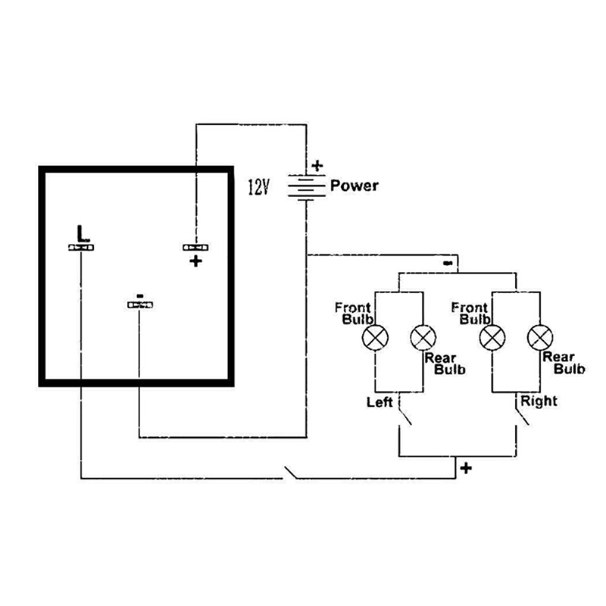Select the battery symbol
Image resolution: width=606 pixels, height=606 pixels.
coord(306,186)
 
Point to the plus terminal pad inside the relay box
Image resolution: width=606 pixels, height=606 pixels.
coord(195,248)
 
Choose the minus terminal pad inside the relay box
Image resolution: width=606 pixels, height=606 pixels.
coord(139,305)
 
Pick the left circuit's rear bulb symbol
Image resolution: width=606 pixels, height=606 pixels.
coord(422,336)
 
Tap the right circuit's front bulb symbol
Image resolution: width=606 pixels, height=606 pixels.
coord(494,336)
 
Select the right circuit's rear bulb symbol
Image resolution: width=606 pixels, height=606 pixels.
coord(539,336)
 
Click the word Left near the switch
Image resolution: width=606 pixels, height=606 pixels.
coord(380,402)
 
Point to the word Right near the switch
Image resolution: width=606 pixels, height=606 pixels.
coord(539,400)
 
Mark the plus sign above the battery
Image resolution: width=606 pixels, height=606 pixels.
coord(317,164)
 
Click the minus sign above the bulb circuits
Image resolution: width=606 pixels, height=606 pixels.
coord(448,262)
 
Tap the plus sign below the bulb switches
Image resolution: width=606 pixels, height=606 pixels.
coord(466,468)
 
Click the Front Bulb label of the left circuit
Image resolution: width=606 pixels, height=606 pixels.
coord(353,313)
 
